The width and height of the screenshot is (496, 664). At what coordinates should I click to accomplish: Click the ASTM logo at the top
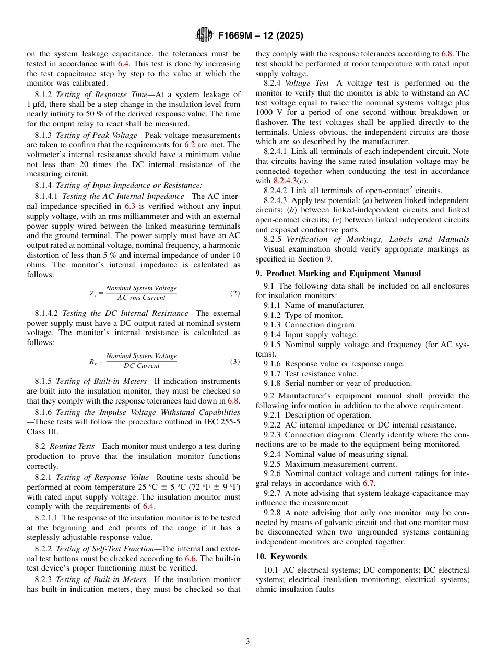click(204, 35)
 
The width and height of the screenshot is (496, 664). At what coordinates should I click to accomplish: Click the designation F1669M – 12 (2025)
click(261, 36)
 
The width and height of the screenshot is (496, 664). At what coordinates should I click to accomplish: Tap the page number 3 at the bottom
click(248, 642)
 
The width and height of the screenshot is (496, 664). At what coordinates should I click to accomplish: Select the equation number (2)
click(235, 293)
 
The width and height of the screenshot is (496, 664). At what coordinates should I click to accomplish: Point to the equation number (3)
click(235, 362)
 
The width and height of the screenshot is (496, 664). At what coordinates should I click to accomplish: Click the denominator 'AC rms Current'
click(141, 298)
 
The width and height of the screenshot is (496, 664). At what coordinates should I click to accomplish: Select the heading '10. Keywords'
click(281, 556)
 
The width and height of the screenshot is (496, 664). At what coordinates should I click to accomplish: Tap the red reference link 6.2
click(190, 145)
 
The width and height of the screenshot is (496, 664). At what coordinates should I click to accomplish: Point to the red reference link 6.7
click(368, 483)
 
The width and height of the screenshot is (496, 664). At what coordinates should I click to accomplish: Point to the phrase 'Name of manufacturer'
click(324, 305)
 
